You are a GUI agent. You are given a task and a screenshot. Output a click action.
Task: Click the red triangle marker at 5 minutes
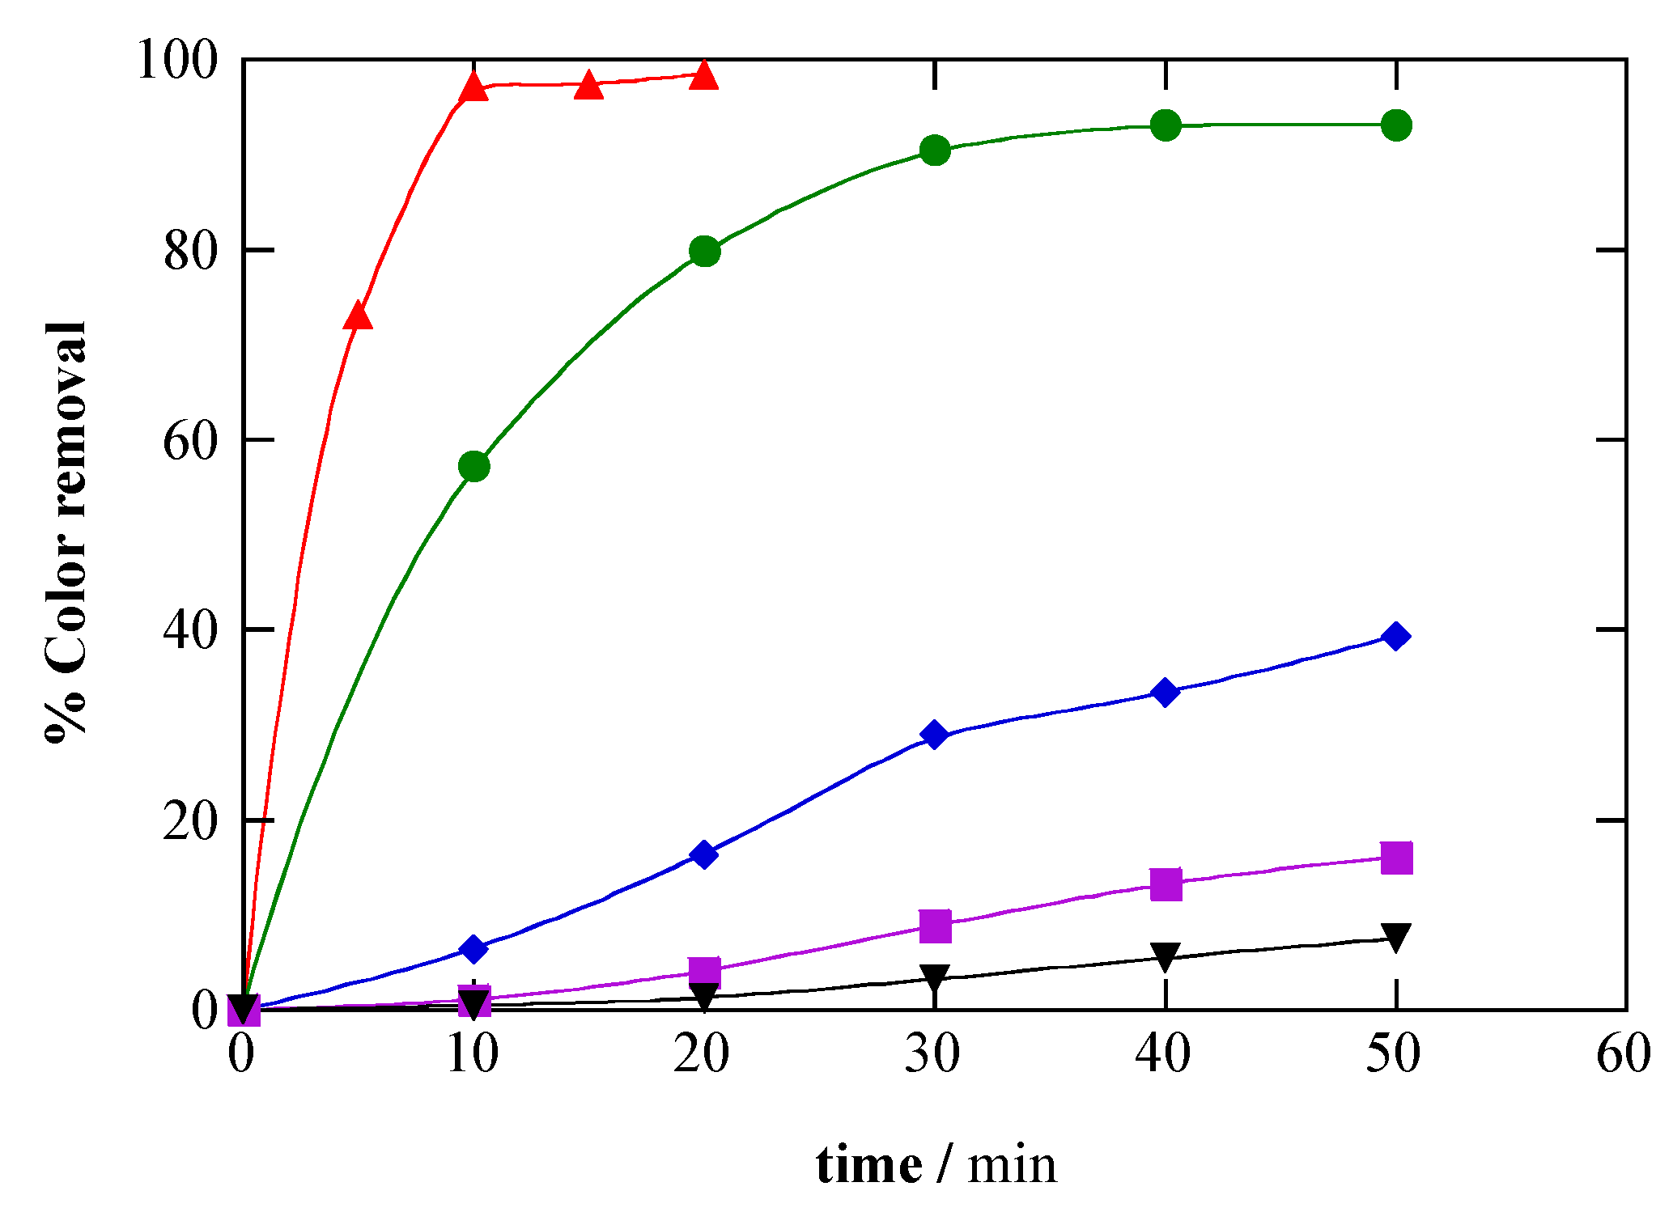pyautogui.click(x=358, y=316)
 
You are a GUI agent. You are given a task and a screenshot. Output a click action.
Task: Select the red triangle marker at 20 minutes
pyautogui.click(x=704, y=75)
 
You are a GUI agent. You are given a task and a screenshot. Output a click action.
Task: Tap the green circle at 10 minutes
pyautogui.click(x=474, y=466)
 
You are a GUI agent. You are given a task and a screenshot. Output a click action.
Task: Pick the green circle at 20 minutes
pyautogui.click(x=704, y=252)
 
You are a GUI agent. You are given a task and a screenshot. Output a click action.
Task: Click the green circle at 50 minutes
pyautogui.click(x=1396, y=125)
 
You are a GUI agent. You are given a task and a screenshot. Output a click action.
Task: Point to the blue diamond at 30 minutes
pyautogui.click(x=935, y=735)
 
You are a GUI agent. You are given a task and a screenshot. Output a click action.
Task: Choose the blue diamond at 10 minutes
pyautogui.click(x=474, y=949)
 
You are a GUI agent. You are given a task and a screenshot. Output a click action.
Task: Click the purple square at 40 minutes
pyautogui.click(x=1166, y=884)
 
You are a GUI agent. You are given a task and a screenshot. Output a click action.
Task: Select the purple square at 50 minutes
pyautogui.click(x=1396, y=858)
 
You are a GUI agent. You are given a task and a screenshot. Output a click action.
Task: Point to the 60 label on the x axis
pyautogui.click(x=1624, y=1054)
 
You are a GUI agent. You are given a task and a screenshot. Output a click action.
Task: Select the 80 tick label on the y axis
pyautogui.click(x=191, y=252)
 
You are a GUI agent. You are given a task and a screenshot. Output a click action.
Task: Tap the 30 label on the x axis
pyautogui.click(x=932, y=1054)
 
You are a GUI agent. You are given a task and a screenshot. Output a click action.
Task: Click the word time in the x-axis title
pyautogui.click(x=868, y=1166)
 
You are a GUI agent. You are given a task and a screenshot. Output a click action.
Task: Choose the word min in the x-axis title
pyautogui.click(x=1013, y=1166)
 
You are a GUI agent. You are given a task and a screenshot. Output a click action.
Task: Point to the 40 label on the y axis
pyautogui.click(x=191, y=630)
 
